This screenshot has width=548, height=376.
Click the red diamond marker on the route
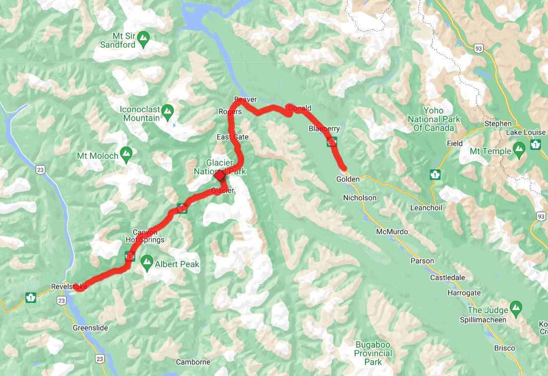(219, 175)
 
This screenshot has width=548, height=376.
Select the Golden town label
(348, 179)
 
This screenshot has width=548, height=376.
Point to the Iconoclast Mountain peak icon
(168, 110)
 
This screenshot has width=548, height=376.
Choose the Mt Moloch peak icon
(126, 152)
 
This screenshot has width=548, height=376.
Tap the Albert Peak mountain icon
(147, 261)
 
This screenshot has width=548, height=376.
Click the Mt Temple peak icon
(520, 148)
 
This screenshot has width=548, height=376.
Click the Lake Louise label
(526, 133)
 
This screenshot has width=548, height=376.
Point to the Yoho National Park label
(434, 119)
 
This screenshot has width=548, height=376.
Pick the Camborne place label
(193, 362)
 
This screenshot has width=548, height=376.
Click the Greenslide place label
(90, 328)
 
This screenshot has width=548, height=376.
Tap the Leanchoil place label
(426, 208)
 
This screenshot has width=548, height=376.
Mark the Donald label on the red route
(300, 108)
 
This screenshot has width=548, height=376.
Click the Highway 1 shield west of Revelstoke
(31, 298)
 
